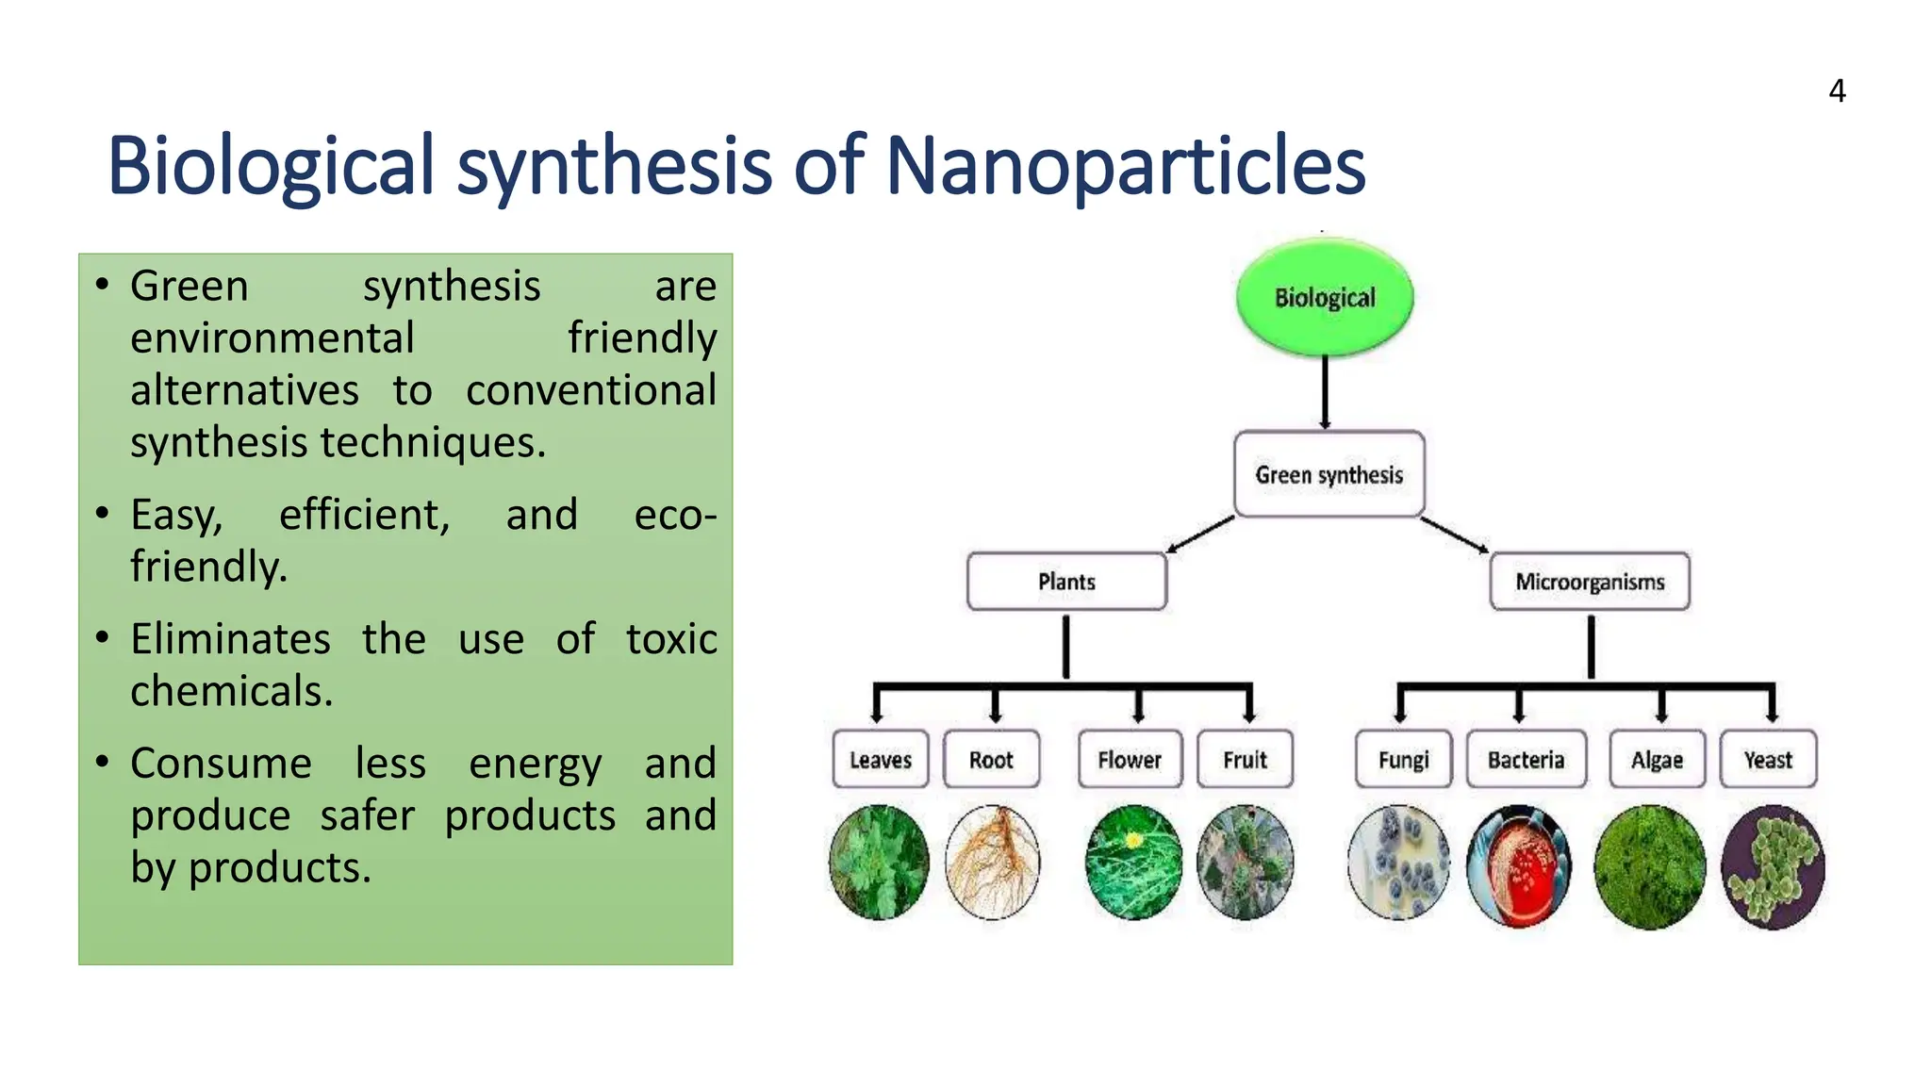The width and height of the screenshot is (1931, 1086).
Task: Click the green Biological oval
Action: pos(1324,297)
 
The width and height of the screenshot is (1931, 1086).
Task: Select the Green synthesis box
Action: pos(1329,474)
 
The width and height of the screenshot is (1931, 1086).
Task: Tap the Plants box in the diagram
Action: pos(1066,582)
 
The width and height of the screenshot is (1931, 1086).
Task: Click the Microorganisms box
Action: pos(1590,582)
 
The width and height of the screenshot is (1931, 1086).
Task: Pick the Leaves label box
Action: pos(880,759)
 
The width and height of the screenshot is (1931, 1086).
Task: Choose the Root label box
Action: pos(991,759)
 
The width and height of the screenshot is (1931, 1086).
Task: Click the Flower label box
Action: pos(1130,759)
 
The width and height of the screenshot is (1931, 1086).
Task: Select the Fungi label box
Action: pos(1403,759)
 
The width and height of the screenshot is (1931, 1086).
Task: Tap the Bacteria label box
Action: pos(1526,759)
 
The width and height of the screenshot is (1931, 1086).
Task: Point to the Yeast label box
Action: pos(1768,759)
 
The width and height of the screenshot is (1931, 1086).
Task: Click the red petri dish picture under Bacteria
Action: pos(1519,865)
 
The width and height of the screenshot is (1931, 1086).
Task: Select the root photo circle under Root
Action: pos(992,862)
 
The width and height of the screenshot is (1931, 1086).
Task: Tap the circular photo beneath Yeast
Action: pos(1773,865)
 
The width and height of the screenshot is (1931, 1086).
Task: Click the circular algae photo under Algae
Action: pos(1649,865)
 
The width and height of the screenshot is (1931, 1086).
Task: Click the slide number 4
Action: pos(1837,91)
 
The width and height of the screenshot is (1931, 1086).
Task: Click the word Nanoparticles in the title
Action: pos(1125,166)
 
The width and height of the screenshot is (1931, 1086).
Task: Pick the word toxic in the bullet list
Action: pos(671,639)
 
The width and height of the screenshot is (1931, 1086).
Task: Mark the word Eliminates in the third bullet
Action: pos(230,639)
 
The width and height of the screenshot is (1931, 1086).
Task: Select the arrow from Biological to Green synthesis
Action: pos(1325,391)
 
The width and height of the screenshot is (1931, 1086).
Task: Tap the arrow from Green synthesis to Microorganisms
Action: pos(1455,535)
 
